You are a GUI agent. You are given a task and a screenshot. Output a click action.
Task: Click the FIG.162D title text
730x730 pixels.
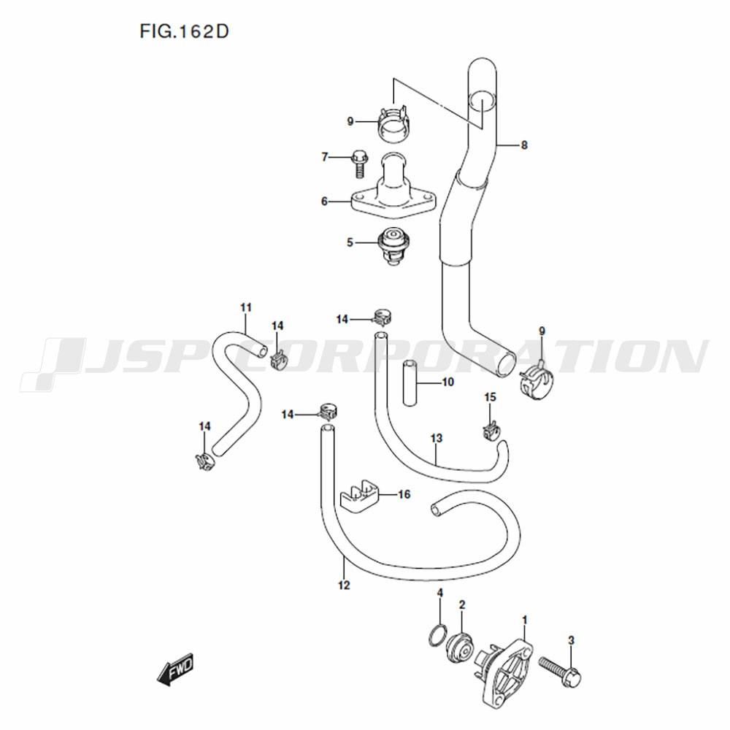tap(185, 31)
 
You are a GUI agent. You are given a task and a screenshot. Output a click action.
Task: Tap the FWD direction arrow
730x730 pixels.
tap(175, 669)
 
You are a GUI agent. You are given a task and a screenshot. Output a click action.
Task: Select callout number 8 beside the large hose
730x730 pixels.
tap(524, 145)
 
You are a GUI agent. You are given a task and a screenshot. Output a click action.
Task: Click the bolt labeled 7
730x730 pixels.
tap(359, 164)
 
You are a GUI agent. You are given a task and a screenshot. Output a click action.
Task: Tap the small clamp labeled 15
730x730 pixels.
tap(491, 431)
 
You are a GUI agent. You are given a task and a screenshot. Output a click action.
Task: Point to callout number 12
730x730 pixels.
tap(344, 585)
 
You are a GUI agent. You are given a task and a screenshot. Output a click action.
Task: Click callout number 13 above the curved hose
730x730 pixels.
tap(437, 439)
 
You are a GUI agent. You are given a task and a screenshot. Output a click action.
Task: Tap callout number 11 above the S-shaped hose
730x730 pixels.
tap(246, 308)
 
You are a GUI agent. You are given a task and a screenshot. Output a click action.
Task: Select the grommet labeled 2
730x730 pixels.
tap(459, 647)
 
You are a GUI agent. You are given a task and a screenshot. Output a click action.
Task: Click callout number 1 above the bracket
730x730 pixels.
tap(525, 620)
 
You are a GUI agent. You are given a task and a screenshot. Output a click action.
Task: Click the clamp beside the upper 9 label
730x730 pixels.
tap(394, 123)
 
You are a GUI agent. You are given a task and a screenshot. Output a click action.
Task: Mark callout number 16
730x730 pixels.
tap(404, 494)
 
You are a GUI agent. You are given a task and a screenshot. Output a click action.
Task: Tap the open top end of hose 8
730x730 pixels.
tap(482, 101)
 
